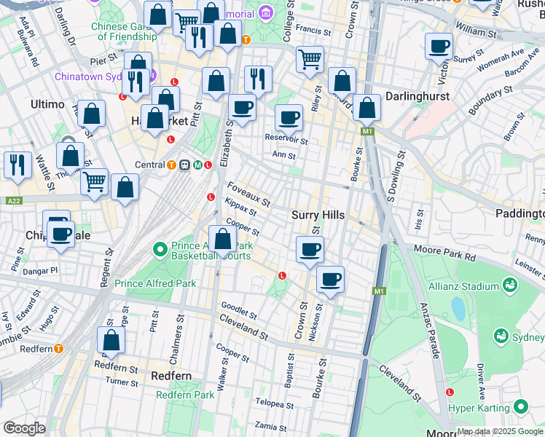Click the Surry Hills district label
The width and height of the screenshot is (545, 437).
[316, 215]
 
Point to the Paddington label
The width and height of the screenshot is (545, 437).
[520, 213]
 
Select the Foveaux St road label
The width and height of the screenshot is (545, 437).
[248, 194]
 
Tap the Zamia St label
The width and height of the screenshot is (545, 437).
[270, 425]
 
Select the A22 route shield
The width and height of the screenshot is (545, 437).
[12, 200]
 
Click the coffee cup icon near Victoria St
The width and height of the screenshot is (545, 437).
[439, 47]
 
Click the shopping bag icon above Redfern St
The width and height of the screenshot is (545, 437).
[111, 339]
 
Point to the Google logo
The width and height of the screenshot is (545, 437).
[24, 428]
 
